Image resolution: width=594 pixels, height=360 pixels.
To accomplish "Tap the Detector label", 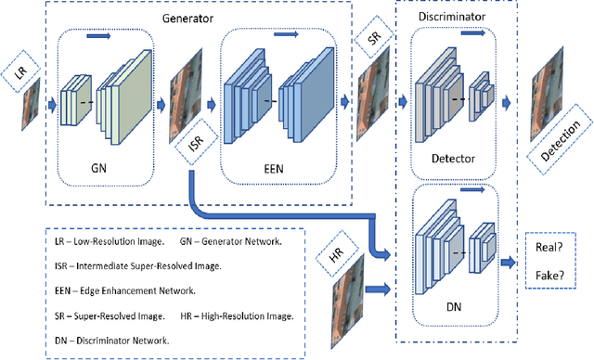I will coord(452,159).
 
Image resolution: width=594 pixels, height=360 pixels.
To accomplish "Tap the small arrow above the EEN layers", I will coord(287,34).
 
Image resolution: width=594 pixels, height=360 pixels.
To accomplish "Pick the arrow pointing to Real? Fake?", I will coord(509,263).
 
